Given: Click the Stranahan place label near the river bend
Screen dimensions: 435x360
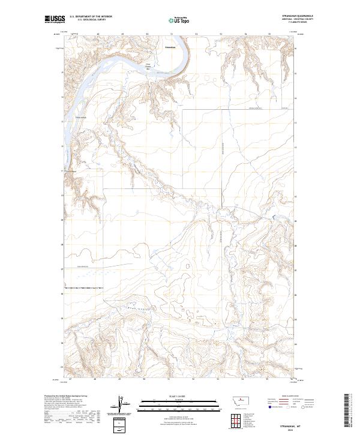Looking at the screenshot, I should (170, 46).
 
